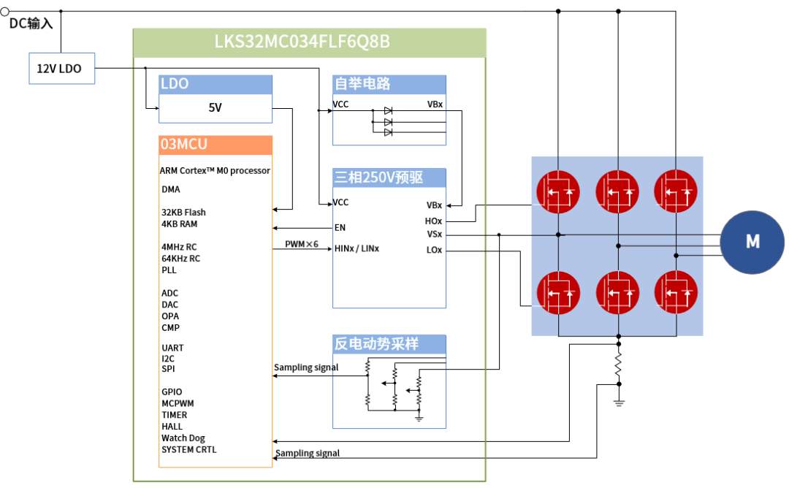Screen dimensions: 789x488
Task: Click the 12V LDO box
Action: point(61,68)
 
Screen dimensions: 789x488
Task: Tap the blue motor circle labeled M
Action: point(752,242)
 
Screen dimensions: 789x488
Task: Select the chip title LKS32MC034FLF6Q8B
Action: point(302,41)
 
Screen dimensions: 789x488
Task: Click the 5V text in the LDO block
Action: point(215,107)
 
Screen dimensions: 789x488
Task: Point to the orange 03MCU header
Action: point(216,145)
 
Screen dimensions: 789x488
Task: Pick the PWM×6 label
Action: point(302,244)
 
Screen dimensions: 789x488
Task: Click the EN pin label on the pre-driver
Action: point(340,227)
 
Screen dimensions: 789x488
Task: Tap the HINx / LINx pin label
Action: point(357,248)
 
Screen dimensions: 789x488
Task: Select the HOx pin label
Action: point(433,221)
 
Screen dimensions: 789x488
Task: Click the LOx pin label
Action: point(434,250)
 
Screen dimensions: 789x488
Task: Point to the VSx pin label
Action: point(434,235)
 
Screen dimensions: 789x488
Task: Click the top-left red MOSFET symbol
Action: point(557,191)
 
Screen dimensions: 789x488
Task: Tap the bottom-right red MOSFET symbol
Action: point(676,292)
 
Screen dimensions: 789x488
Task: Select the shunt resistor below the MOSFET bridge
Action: point(619,365)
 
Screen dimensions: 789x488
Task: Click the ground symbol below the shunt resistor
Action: point(619,403)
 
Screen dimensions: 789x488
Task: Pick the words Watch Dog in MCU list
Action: point(183,438)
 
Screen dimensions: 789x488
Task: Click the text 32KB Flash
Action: point(183,213)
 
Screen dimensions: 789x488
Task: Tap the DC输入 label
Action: point(31,23)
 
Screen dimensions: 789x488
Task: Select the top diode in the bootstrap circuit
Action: point(388,111)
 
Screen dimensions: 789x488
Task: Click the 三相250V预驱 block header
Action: point(389,178)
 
